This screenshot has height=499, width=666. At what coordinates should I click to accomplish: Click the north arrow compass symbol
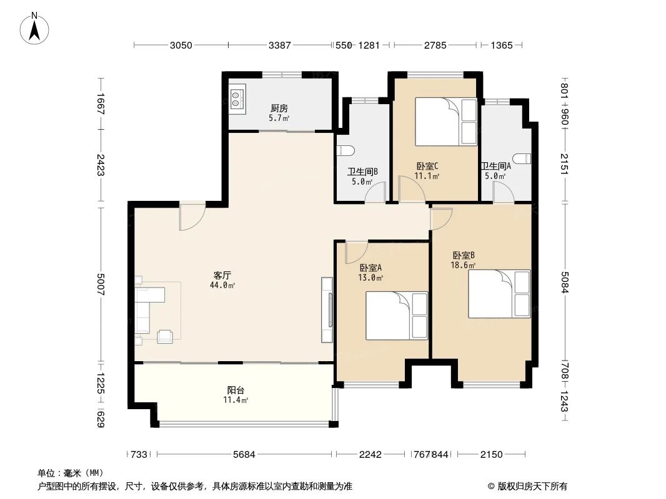pos(36,28)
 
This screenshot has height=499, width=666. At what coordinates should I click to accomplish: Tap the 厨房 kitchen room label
pos(279,107)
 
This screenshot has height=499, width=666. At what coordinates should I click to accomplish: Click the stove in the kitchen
pos(237,96)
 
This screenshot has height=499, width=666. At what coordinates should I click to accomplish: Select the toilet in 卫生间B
pos(345,150)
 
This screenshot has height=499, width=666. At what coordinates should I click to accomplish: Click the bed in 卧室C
pos(446,121)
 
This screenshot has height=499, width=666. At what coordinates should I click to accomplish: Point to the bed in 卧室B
pos(499,294)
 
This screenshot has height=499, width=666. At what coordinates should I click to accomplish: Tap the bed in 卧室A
pos(396,316)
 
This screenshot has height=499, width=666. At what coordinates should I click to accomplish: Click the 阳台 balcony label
pos(236,390)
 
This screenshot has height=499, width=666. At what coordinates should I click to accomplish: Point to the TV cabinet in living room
pos(327,309)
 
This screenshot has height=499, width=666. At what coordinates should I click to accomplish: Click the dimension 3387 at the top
pos(280,45)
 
